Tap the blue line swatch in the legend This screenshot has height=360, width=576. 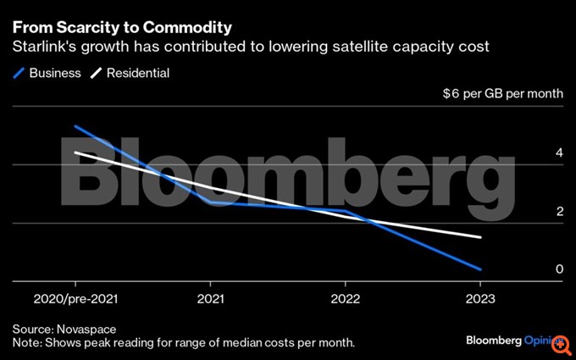(x=19, y=73)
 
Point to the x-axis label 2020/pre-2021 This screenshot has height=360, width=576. (x=75, y=299)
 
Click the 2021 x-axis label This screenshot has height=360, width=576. (x=209, y=299)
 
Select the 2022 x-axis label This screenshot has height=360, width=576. (x=345, y=299)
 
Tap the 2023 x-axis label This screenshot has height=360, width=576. (x=480, y=299)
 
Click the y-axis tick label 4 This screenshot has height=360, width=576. (x=559, y=153)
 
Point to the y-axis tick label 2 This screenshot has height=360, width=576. (x=559, y=212)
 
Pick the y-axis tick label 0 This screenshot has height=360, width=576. (x=559, y=269)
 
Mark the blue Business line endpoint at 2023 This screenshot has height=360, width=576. (x=480, y=269)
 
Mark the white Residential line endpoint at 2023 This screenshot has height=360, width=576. (x=480, y=238)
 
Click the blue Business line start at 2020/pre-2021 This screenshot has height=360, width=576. (x=75, y=126)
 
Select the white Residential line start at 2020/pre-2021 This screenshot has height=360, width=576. (x=75, y=152)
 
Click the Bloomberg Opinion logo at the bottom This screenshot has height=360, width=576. (x=513, y=340)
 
